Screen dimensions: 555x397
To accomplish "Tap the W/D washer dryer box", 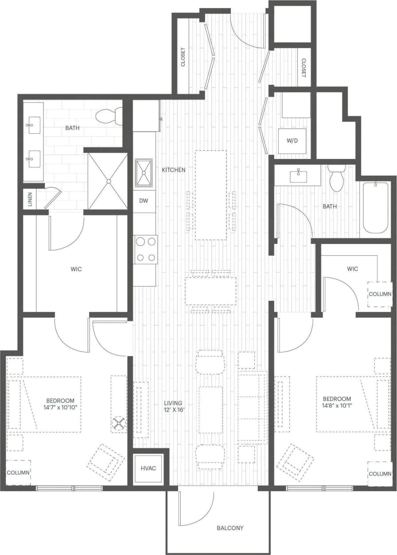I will coord(292,141).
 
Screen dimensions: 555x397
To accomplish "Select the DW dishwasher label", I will coord(144,201).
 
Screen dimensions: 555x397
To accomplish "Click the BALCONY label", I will coord(230,528).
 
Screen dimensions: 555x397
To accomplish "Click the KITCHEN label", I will coord(173,170).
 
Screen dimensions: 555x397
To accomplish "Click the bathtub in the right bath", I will coord(376,207).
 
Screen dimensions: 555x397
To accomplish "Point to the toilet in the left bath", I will coord(109,116).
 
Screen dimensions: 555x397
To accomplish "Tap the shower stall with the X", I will coord(108,181).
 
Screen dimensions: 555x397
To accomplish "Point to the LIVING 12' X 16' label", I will coord(173,406).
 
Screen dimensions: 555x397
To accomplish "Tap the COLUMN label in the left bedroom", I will coord(18,473).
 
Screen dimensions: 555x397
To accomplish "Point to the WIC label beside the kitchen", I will coord(76,269).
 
